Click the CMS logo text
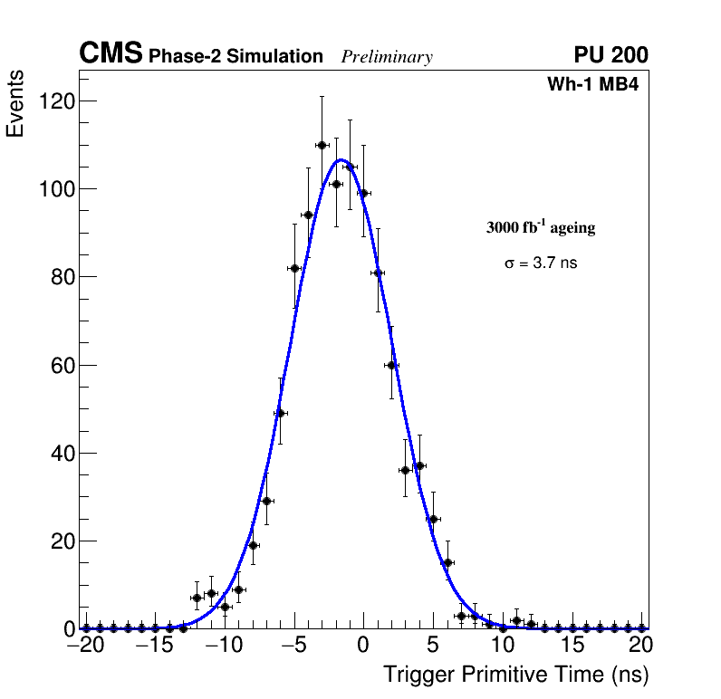[111, 54]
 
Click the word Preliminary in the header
[387, 57]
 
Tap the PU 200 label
[610, 55]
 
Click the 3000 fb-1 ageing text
[541, 227]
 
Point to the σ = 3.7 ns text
[541, 263]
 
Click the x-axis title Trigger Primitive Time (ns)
[515, 675]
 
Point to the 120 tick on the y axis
[56, 101]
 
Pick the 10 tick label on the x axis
[503, 646]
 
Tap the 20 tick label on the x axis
[641, 646]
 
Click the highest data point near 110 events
[322, 145]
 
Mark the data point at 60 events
[391, 365]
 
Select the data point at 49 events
[280, 414]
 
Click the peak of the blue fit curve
[341, 160]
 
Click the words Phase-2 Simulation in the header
[236, 56]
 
